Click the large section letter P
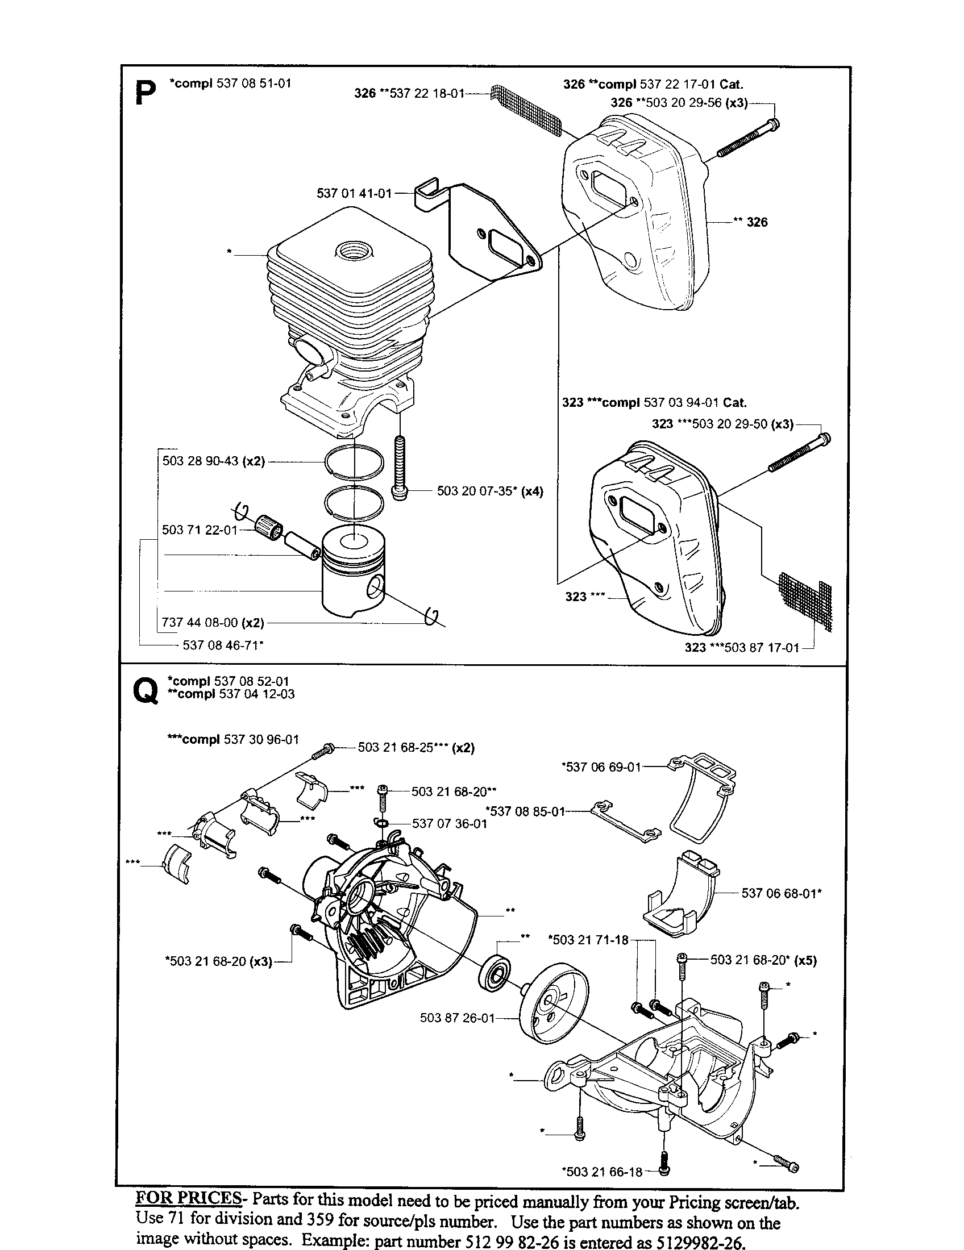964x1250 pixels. point(146,93)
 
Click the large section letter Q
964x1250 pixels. point(145,691)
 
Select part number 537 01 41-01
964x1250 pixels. point(354,193)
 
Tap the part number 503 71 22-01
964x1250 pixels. point(199,530)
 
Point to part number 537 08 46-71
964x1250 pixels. point(223,645)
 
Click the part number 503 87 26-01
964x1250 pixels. point(457,1018)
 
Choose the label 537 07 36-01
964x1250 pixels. point(450,824)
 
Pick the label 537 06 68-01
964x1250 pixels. point(782,893)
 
